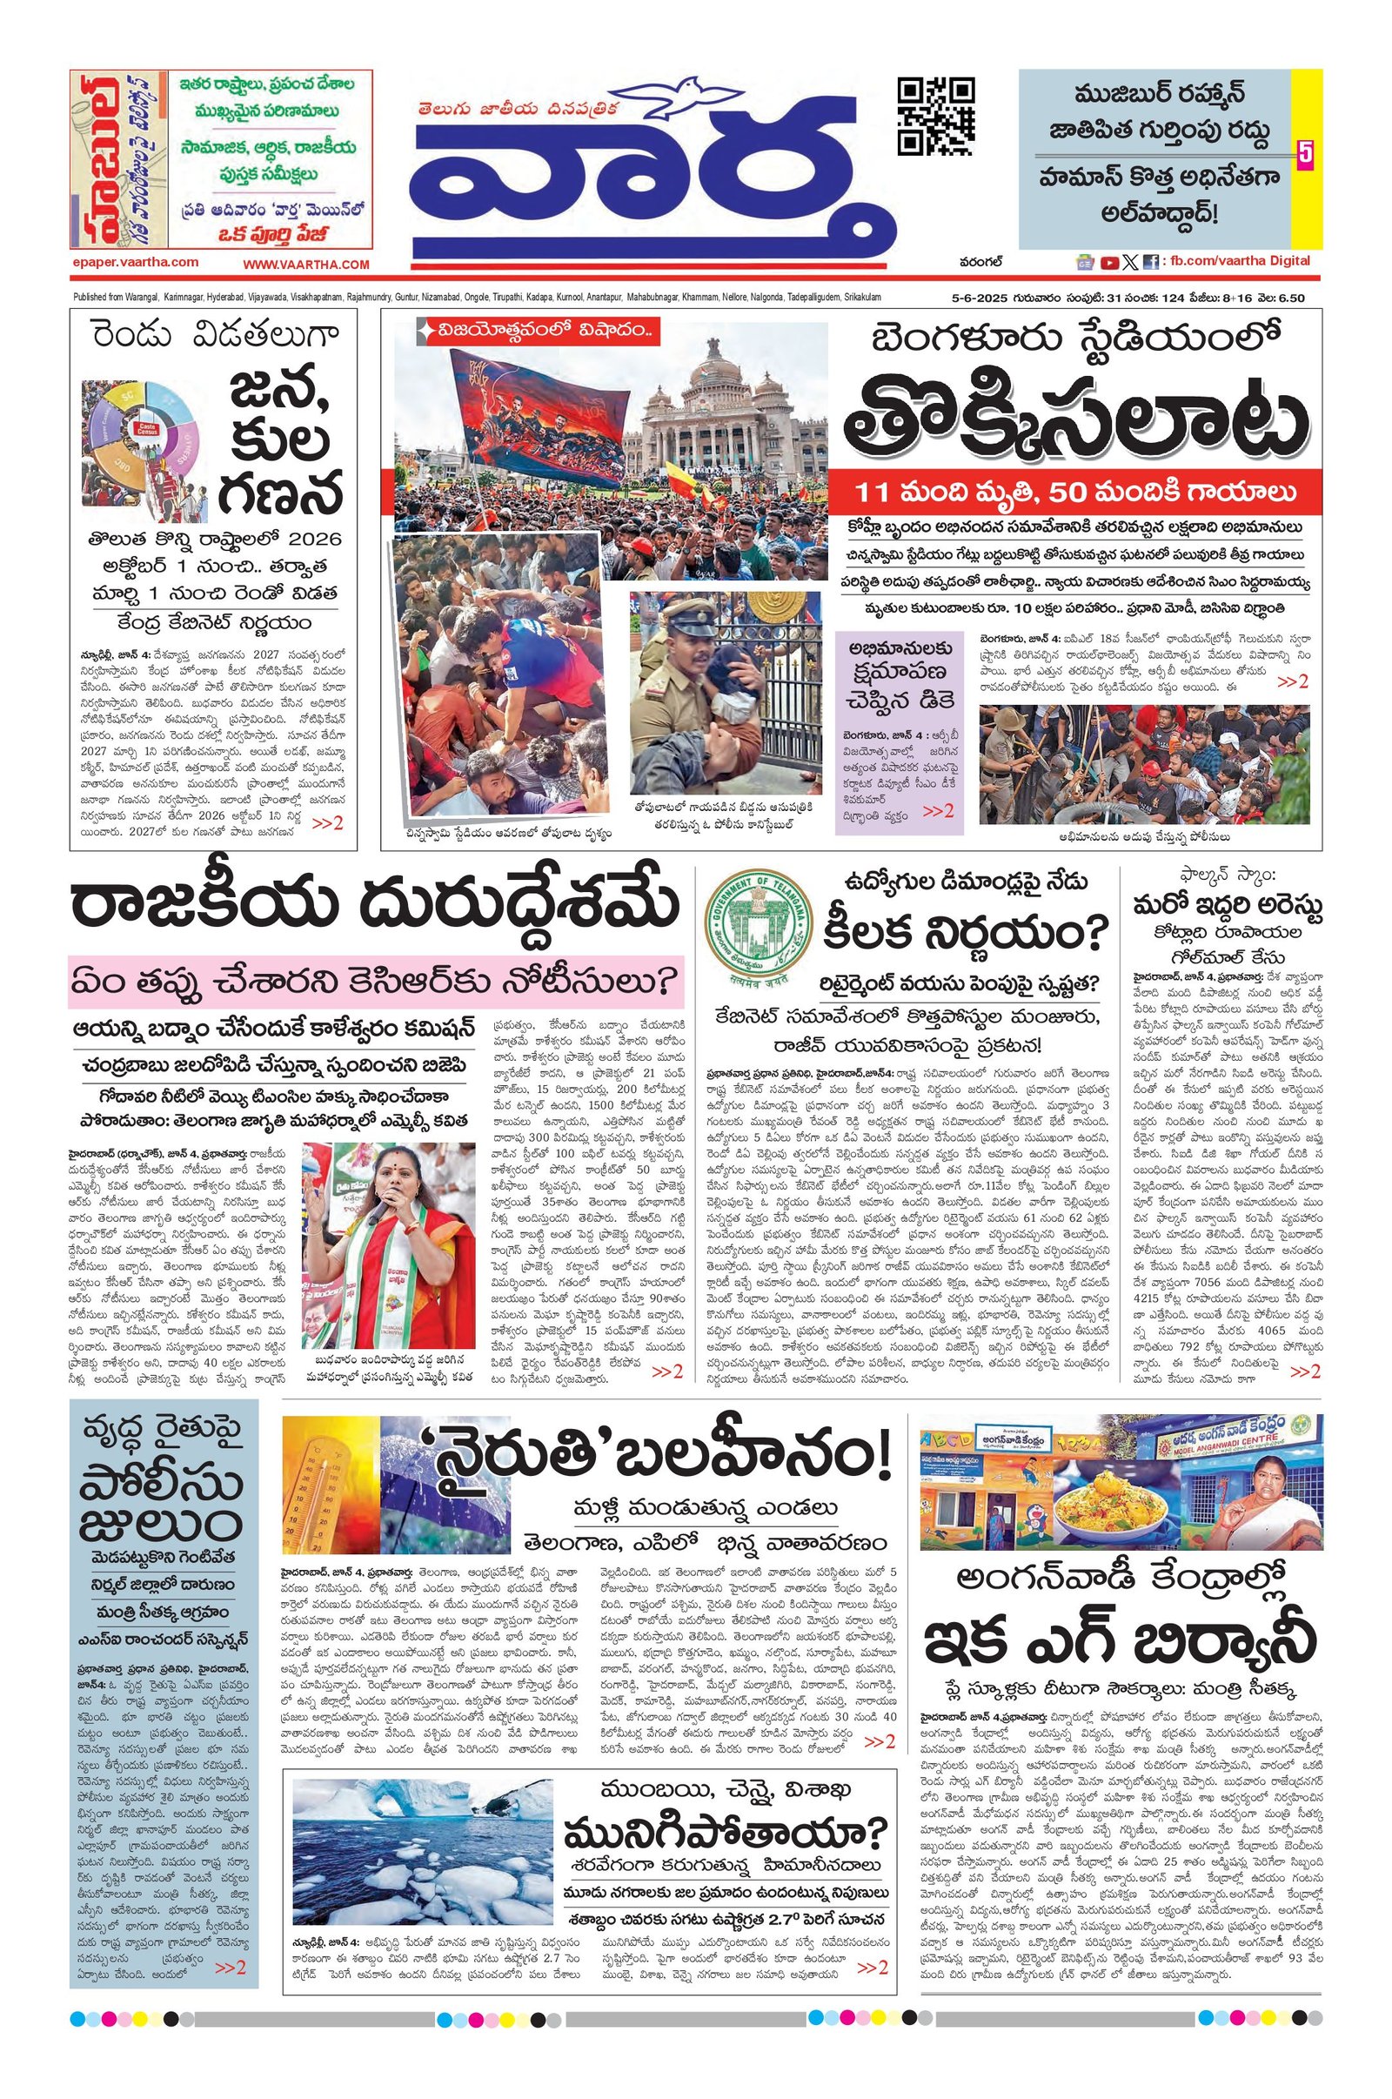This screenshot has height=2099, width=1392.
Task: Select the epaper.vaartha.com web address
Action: (136, 262)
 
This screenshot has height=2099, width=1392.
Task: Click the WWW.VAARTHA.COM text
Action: (306, 265)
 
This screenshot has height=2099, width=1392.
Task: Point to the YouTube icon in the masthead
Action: (1108, 262)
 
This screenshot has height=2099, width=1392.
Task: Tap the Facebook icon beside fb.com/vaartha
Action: (1150, 262)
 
